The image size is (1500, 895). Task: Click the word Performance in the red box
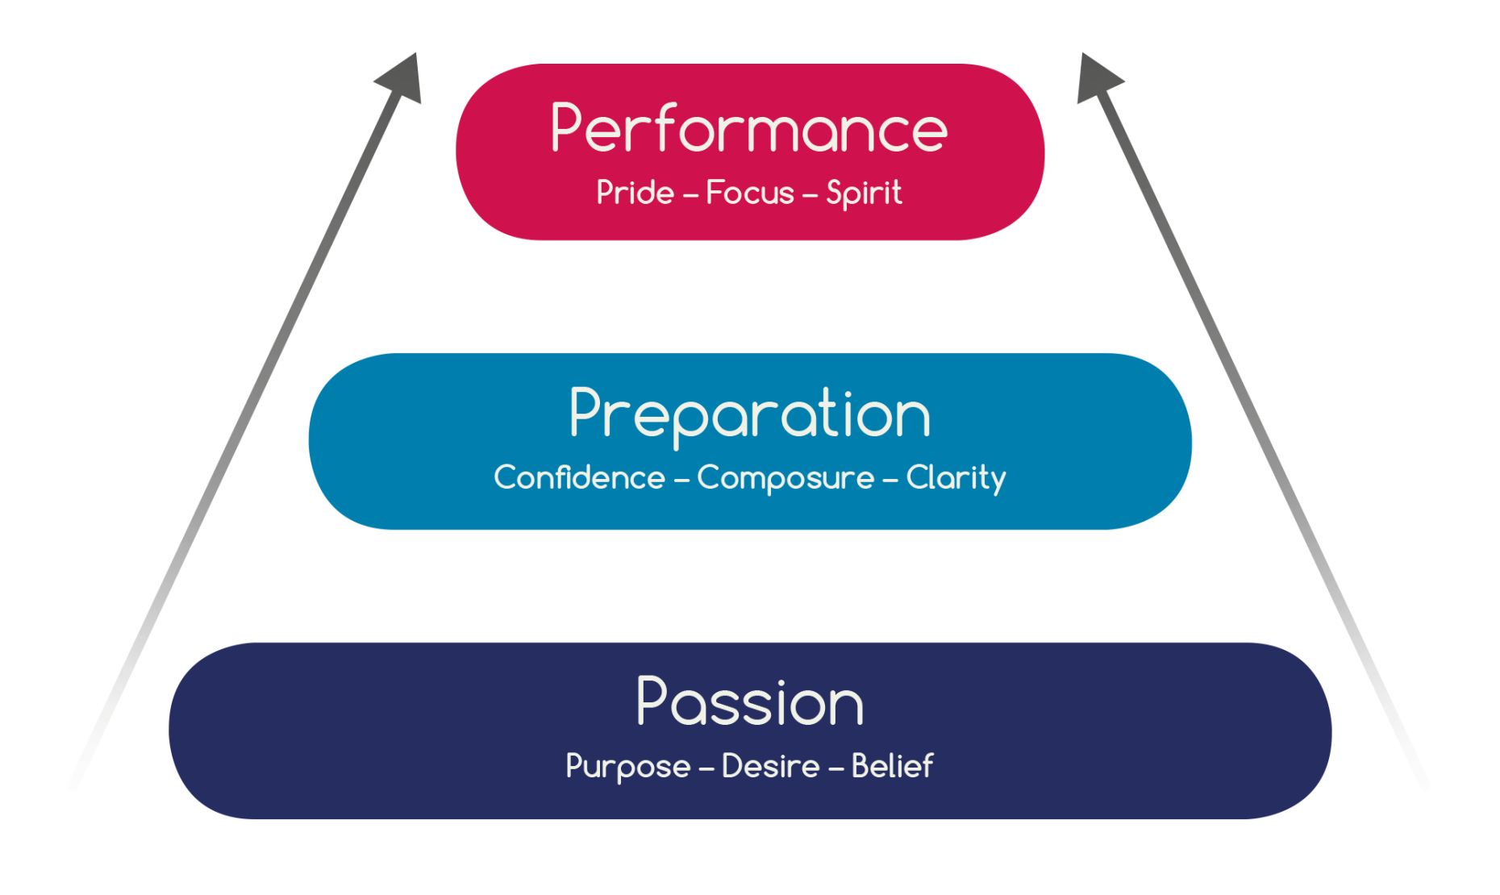(x=749, y=129)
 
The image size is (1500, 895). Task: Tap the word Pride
(x=635, y=193)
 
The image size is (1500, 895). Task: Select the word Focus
(x=750, y=193)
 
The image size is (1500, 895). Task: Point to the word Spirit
(x=864, y=194)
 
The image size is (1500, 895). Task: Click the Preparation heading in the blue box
(x=750, y=414)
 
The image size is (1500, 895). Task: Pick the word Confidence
(x=579, y=477)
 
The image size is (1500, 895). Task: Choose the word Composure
(x=785, y=478)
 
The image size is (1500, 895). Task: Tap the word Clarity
(x=956, y=478)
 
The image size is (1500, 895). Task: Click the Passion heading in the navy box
(x=750, y=702)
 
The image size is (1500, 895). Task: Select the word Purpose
(x=627, y=767)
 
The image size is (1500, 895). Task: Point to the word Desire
(x=770, y=766)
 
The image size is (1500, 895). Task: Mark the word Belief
(x=892, y=766)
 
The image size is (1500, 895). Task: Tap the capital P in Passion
(x=652, y=701)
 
